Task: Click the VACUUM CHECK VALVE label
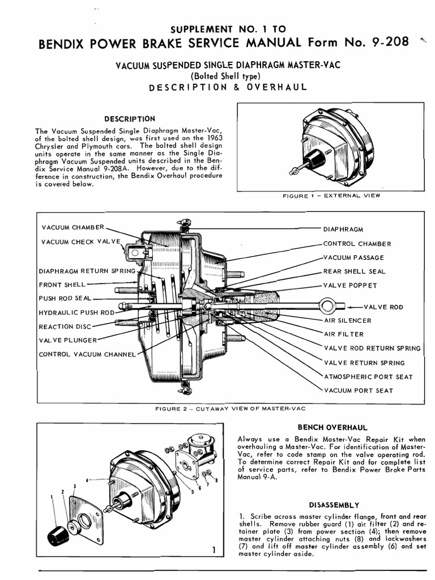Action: [81, 242]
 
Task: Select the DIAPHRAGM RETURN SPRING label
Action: [87, 271]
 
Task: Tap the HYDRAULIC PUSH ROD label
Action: [76, 312]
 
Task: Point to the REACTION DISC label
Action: [64, 326]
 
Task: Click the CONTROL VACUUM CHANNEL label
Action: [87, 355]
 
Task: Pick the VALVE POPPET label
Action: [349, 285]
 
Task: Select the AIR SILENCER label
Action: [347, 321]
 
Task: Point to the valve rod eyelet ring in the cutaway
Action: [327, 306]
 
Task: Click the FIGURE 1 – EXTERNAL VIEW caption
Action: [331, 196]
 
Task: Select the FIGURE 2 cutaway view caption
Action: [234, 408]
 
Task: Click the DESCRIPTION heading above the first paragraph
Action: [130, 119]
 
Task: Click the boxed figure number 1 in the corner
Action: [212, 549]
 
